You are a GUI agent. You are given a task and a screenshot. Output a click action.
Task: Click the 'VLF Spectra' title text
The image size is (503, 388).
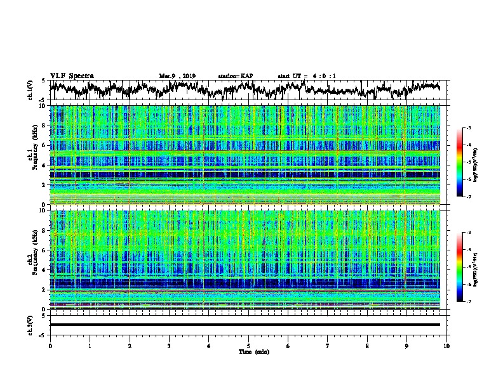(72, 75)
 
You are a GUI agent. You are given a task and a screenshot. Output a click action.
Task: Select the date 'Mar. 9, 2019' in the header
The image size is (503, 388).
(177, 76)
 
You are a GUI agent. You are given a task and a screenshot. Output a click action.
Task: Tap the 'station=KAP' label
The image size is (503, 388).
(235, 76)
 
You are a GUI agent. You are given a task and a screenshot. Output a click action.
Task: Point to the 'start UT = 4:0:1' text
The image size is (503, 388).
(306, 76)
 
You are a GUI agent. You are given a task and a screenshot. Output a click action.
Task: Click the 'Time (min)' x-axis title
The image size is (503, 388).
(248, 351)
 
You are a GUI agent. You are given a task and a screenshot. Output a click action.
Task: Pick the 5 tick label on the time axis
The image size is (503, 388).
(248, 346)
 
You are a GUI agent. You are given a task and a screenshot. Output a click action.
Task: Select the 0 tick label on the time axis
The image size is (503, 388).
(50, 346)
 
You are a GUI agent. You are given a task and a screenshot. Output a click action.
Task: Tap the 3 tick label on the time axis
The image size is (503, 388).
(169, 346)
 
